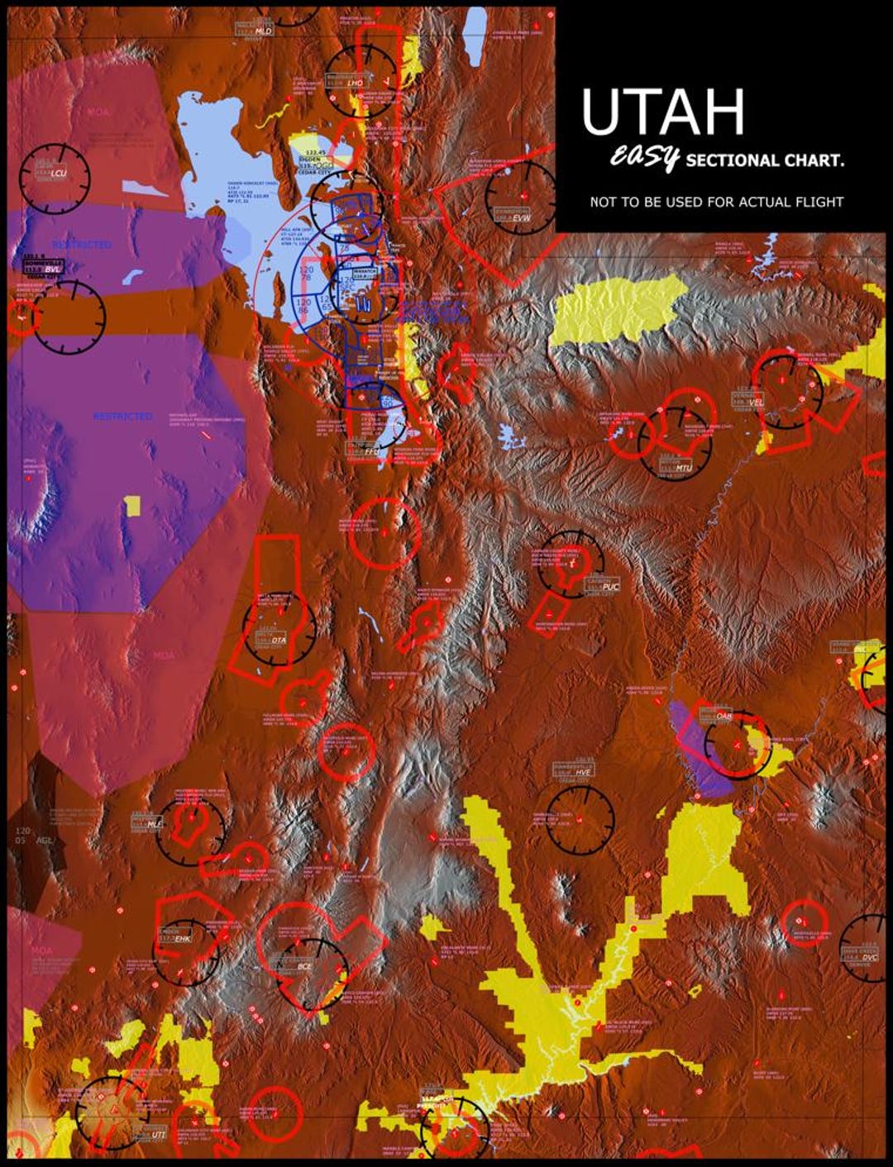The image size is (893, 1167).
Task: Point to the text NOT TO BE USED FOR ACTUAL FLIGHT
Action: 716,202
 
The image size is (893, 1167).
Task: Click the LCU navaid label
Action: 57,174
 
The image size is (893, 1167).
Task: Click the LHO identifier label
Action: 354,83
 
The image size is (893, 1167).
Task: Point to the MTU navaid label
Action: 682,468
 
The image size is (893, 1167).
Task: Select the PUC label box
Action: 610,587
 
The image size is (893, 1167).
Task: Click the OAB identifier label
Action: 723,716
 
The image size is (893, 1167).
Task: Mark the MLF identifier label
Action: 154,824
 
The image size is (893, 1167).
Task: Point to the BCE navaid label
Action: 304,966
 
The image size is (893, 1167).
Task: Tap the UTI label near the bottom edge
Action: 157,1135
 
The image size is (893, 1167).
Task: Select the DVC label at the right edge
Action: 869,958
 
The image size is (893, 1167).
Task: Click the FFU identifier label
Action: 370,451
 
